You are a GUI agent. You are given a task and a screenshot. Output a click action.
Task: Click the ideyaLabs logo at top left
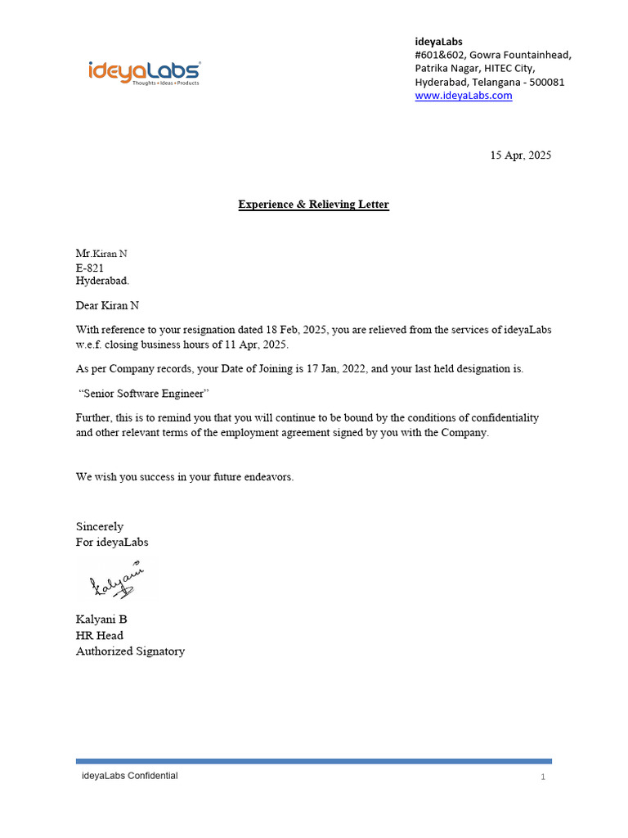click(x=144, y=72)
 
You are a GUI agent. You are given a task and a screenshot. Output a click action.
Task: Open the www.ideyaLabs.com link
click(x=463, y=96)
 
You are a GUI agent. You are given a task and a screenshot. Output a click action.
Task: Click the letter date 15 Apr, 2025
click(x=520, y=155)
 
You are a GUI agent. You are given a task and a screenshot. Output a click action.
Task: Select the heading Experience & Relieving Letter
click(x=313, y=205)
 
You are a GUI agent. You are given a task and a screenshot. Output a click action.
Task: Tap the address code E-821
click(x=90, y=268)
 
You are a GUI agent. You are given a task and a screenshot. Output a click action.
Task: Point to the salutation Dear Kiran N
click(x=107, y=305)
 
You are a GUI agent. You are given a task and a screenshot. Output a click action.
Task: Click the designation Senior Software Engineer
click(x=145, y=394)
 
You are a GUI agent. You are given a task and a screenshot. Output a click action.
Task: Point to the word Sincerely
click(x=100, y=526)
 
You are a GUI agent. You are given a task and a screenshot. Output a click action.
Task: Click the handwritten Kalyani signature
click(x=117, y=581)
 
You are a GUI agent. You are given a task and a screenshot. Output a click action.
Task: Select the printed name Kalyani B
click(x=101, y=619)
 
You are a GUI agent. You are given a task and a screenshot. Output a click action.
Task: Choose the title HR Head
click(x=100, y=636)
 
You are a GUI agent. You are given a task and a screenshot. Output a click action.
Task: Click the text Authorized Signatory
click(x=130, y=652)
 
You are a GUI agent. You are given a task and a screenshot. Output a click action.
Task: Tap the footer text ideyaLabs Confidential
click(x=129, y=776)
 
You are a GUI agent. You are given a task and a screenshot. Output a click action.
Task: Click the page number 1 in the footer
click(x=543, y=777)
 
